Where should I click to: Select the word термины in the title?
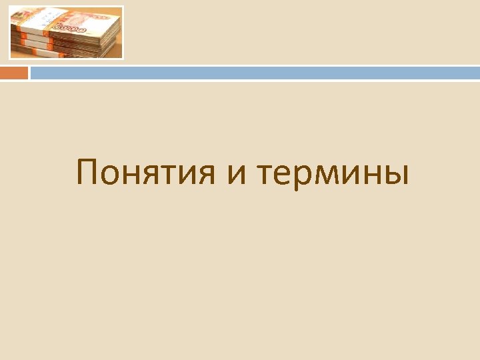point(331,175)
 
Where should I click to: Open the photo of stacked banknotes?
point(66,33)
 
